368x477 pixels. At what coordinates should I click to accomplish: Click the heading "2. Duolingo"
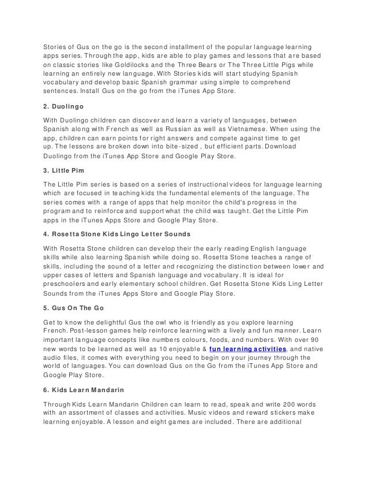tap(65, 106)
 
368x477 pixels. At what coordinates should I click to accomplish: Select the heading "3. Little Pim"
tap(64, 170)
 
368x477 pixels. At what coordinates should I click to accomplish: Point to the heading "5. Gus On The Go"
tap(73, 308)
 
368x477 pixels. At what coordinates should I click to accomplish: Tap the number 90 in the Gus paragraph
tap(318, 340)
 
